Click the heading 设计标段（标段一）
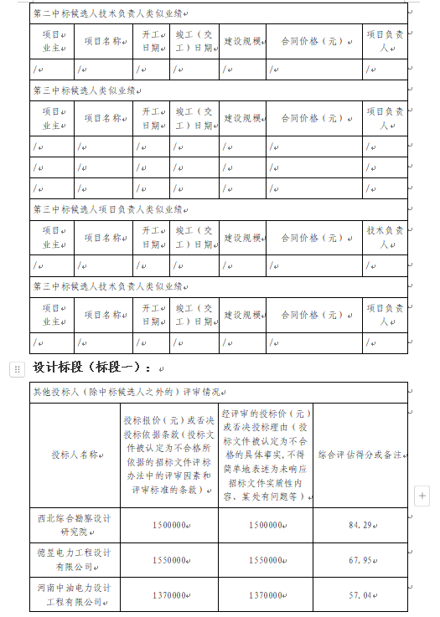click(92, 368)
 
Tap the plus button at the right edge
click(422, 496)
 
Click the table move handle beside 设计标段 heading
click(16, 368)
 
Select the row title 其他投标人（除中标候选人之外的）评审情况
click(126, 391)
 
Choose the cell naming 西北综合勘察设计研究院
click(75, 525)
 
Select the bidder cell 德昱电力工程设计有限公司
click(75, 559)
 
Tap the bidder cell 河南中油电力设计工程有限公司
click(75, 594)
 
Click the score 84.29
click(360, 525)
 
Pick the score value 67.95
click(360, 559)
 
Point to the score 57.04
click(360, 594)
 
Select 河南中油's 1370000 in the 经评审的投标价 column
click(266, 594)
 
